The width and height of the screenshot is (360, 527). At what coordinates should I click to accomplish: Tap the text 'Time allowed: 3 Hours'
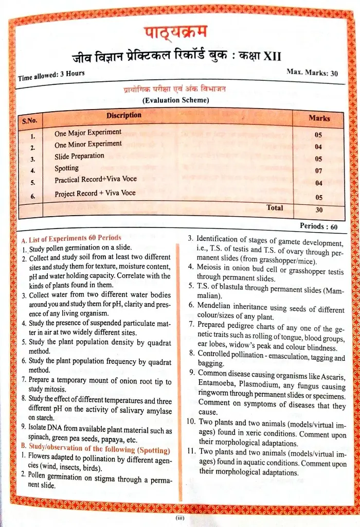click(x=51, y=76)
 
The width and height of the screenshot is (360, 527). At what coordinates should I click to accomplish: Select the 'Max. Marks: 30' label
click(x=312, y=73)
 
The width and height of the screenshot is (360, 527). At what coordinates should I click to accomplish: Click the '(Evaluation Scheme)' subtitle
click(x=176, y=100)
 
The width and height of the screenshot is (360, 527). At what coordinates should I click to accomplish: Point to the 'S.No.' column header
click(x=30, y=121)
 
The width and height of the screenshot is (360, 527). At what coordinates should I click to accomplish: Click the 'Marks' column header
click(x=319, y=118)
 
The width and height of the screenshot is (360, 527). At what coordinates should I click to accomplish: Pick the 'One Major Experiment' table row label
click(x=88, y=133)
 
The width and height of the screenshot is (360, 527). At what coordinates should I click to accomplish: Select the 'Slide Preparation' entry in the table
click(x=79, y=156)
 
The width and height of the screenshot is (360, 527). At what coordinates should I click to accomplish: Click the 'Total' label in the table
click(x=275, y=207)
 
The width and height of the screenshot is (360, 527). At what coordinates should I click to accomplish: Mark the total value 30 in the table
click(x=319, y=209)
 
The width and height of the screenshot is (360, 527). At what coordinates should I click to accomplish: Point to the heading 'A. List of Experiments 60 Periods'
click(x=71, y=239)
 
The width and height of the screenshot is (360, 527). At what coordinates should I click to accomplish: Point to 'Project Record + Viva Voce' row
click(x=95, y=194)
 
